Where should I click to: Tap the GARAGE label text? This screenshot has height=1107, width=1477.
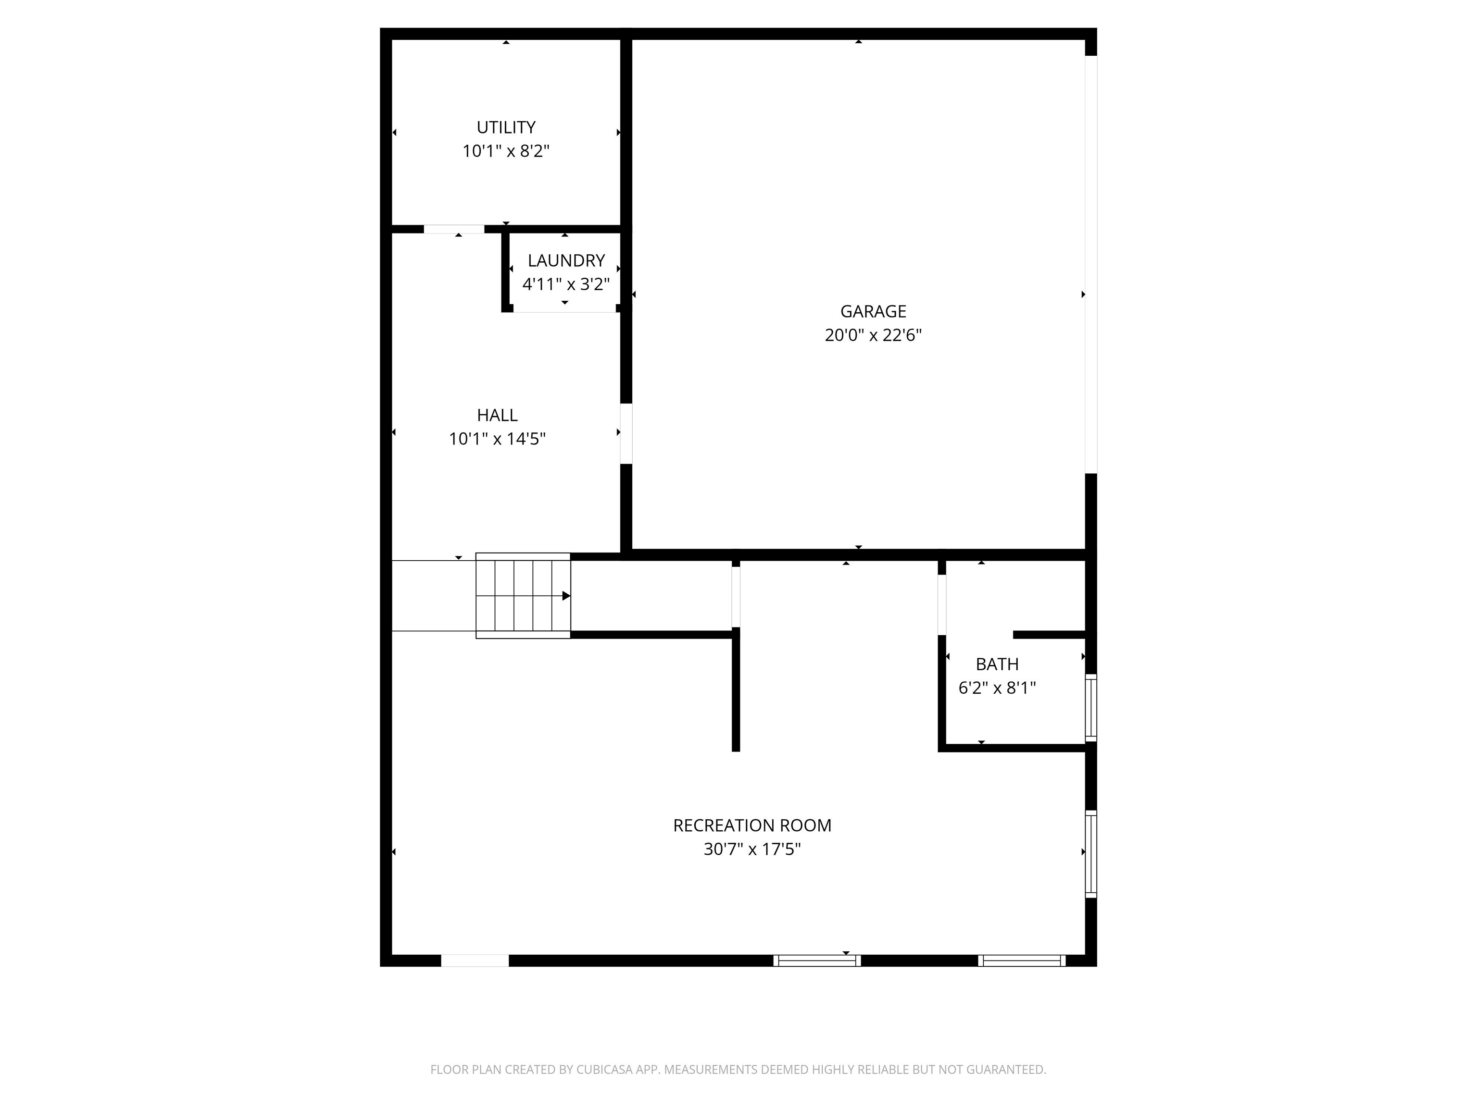click(873, 311)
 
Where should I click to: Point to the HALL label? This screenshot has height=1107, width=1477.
click(497, 415)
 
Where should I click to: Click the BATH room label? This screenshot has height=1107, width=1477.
click(997, 664)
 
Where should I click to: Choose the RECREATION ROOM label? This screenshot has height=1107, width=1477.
click(752, 825)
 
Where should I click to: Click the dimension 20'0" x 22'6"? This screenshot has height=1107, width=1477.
click(873, 335)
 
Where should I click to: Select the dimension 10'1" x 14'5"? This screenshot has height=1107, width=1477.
click(497, 439)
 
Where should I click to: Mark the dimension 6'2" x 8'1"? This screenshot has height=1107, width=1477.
click(997, 688)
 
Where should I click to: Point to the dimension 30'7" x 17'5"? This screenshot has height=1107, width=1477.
click(752, 849)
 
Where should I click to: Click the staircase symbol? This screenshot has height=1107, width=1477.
click(522, 596)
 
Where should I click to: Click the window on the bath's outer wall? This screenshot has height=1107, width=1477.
click(1090, 707)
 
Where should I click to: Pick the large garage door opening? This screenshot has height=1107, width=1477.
click(1090, 264)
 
